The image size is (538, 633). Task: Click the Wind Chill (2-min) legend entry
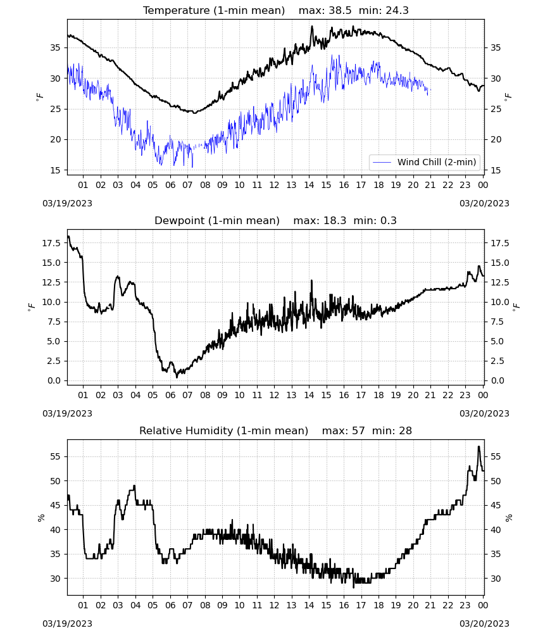pyautogui.click(x=425, y=162)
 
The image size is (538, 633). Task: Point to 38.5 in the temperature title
pyautogui.click(x=340, y=10)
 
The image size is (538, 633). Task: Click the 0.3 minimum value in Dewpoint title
pyautogui.click(x=388, y=220)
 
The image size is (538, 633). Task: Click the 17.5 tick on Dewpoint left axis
pyautogui.click(x=52, y=243)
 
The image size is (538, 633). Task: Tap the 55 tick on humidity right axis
pyautogui.click(x=495, y=456)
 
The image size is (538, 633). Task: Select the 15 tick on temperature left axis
pyautogui.click(x=55, y=170)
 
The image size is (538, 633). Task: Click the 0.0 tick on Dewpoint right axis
pyautogui.click(x=497, y=380)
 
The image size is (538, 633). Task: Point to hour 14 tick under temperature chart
pyautogui.click(x=309, y=185)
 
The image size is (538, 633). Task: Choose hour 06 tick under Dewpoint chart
pyautogui.click(x=170, y=395)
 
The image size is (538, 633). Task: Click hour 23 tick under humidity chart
pyautogui.click(x=465, y=605)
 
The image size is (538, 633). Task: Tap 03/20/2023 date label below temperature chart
pyautogui.click(x=484, y=203)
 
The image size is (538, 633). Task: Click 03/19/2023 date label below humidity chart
pyautogui.click(x=67, y=624)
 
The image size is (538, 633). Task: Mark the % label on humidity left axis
pyautogui.click(x=41, y=518)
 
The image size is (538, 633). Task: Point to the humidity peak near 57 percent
pyautogui.click(x=479, y=447)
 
